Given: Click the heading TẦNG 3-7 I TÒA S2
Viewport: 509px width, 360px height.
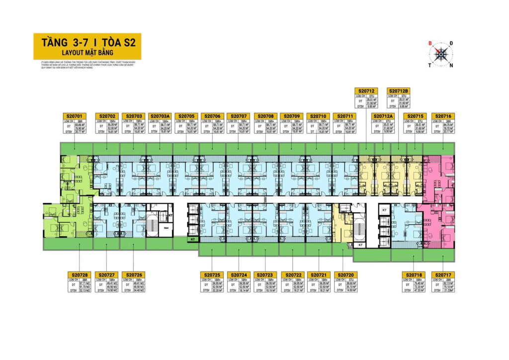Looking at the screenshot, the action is [x=87, y=43].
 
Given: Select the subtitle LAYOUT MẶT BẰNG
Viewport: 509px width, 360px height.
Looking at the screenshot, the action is [x=87, y=52].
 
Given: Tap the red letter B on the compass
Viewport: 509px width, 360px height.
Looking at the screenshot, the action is [x=430, y=44].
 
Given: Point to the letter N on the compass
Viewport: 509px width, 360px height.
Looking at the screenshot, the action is [x=450, y=65].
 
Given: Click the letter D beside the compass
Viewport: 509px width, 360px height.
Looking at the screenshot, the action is [x=451, y=44].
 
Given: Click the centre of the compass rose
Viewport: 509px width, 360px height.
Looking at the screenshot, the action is [x=440, y=54].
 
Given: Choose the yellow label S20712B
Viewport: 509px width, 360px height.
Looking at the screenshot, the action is [x=399, y=91].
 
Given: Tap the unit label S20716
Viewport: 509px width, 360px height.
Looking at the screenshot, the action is [x=442, y=116].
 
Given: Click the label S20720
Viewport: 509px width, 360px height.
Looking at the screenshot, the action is [x=345, y=274].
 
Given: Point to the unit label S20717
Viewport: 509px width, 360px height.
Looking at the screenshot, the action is [x=442, y=274].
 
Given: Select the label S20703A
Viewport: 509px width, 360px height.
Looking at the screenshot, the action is [x=160, y=116].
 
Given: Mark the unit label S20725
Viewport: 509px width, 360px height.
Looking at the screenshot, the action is [x=212, y=274].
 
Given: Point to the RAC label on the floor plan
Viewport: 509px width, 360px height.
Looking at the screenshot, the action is [x=167, y=228].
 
